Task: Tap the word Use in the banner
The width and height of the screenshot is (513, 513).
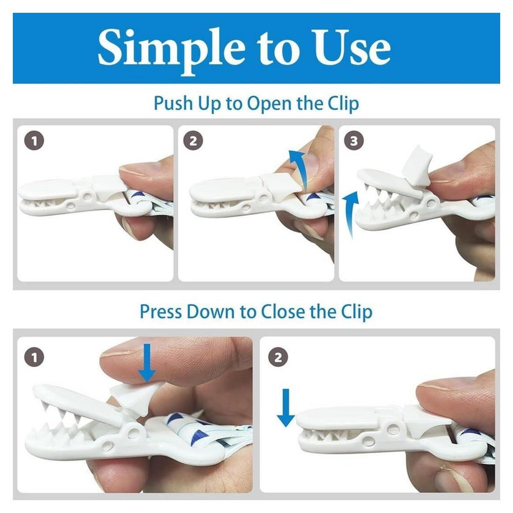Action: coord(351,48)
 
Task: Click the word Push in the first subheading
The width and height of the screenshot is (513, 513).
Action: coord(173,103)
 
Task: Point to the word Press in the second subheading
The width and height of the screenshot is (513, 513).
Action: coord(161,312)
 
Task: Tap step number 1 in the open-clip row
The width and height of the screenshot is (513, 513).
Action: coord(34,141)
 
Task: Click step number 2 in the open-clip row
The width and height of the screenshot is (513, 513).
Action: coord(194,141)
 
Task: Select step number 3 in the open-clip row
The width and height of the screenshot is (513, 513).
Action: coord(354,141)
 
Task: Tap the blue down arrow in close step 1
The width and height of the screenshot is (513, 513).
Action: coord(147,363)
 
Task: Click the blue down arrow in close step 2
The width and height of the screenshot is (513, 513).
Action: coord(286,408)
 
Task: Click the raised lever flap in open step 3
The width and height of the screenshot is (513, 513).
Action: coord(415,170)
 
